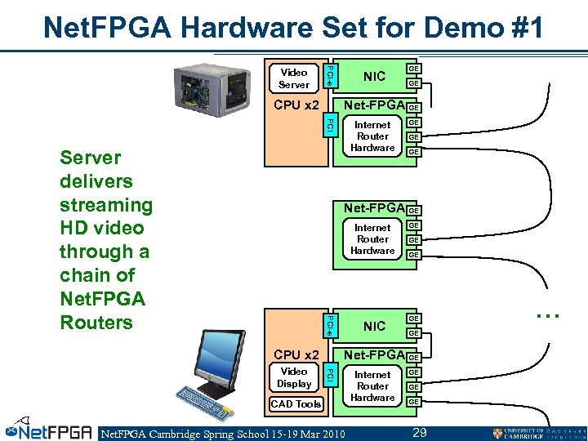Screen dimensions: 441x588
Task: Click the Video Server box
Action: [x=293, y=78]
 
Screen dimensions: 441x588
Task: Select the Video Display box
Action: [x=293, y=377]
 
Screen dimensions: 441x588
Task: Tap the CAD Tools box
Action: [x=296, y=404]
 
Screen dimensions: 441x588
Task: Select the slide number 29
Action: [x=420, y=431]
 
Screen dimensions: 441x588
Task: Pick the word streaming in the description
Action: [x=106, y=205]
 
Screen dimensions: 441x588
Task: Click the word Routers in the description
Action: [x=96, y=323]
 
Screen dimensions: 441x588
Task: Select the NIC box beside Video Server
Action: [x=374, y=77]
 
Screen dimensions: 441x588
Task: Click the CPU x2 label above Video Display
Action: [x=296, y=354]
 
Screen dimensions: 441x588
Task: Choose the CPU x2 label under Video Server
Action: [x=296, y=105]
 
